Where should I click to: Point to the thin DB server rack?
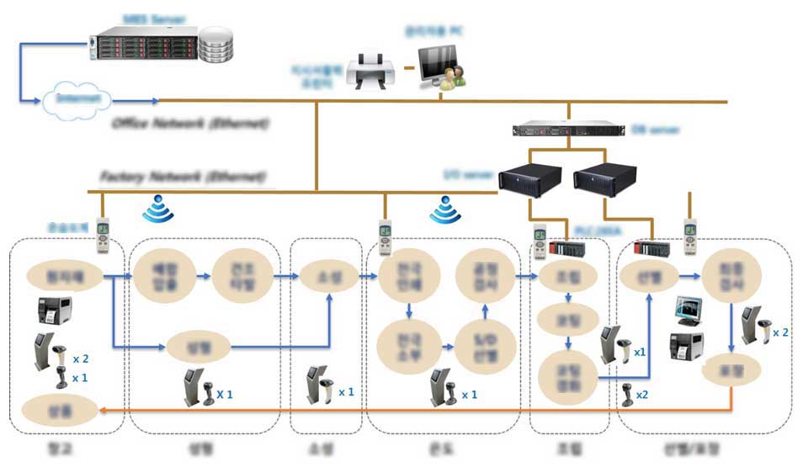(569, 130)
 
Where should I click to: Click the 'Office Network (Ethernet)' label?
(190, 124)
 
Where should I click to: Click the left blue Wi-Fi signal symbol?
(157, 209)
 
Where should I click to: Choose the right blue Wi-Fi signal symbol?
(445, 210)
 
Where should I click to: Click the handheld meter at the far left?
(102, 235)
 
